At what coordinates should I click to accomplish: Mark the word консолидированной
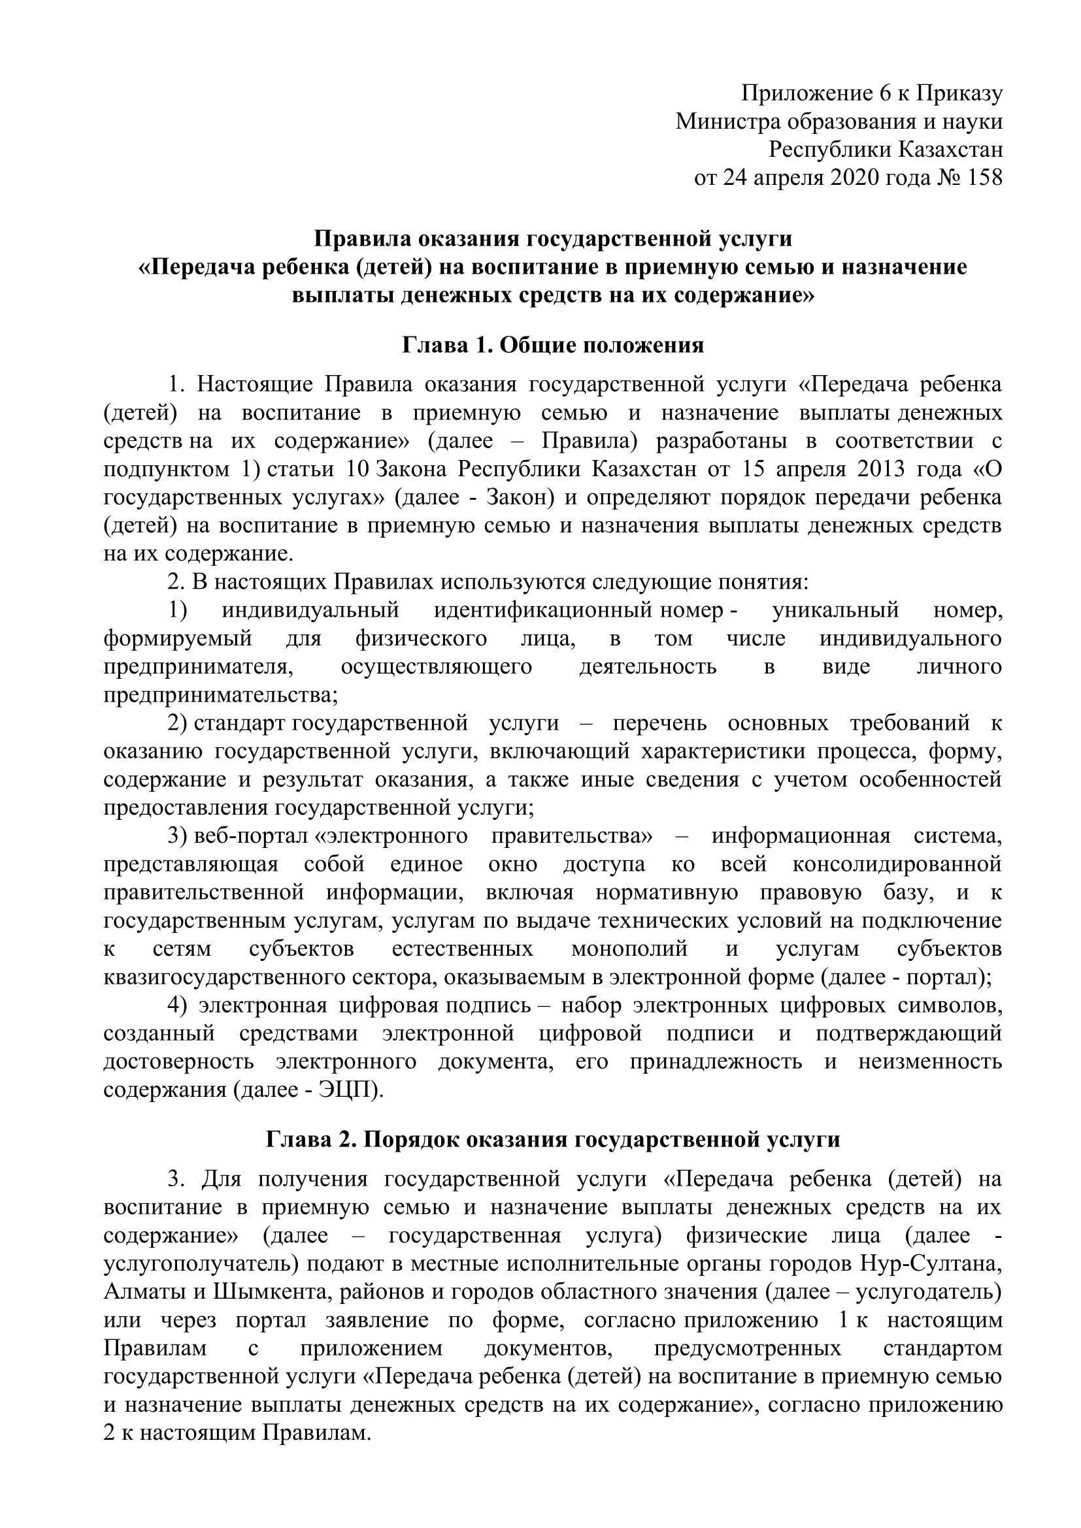[897, 864]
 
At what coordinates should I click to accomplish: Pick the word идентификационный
[542, 610]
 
